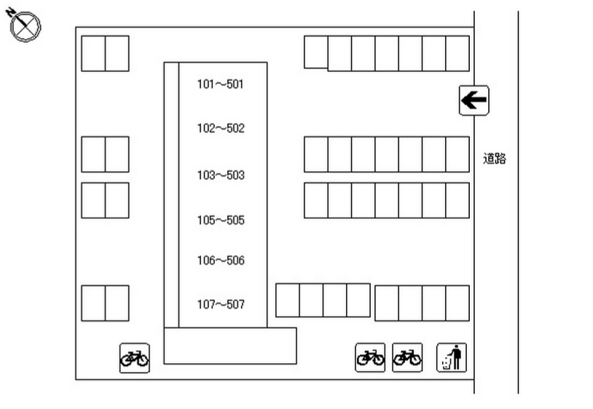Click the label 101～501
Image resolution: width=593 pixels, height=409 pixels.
click(x=220, y=84)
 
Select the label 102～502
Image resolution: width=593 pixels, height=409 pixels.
click(x=221, y=128)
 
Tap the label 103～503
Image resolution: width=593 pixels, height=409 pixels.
click(x=221, y=175)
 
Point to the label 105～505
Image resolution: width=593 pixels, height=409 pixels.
click(x=221, y=220)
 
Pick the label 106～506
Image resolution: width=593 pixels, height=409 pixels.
click(x=221, y=261)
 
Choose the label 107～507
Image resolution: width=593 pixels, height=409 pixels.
click(x=221, y=304)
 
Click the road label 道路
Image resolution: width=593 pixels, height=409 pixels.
click(x=495, y=158)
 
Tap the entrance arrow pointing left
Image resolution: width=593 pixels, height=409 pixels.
click(x=474, y=100)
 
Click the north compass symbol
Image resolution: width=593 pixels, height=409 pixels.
click(x=24, y=25)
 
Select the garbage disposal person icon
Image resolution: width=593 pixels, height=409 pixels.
click(x=452, y=357)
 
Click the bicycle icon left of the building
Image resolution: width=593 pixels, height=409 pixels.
click(x=135, y=358)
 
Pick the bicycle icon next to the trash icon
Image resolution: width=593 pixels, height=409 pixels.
click(x=407, y=357)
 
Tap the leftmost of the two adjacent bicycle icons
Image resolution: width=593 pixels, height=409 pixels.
click(x=370, y=357)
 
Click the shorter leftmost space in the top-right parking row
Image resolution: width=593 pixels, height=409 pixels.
click(x=315, y=52)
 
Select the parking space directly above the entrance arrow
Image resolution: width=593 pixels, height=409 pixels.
click(x=457, y=54)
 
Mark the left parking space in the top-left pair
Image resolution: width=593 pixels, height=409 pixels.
click(x=93, y=54)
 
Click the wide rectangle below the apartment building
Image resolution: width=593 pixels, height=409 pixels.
click(x=230, y=346)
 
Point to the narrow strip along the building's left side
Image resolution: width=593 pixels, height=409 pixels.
click(x=171, y=195)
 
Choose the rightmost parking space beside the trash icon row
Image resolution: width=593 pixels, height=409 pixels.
click(x=457, y=303)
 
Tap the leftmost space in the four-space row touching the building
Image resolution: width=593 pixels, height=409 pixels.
click(x=288, y=301)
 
